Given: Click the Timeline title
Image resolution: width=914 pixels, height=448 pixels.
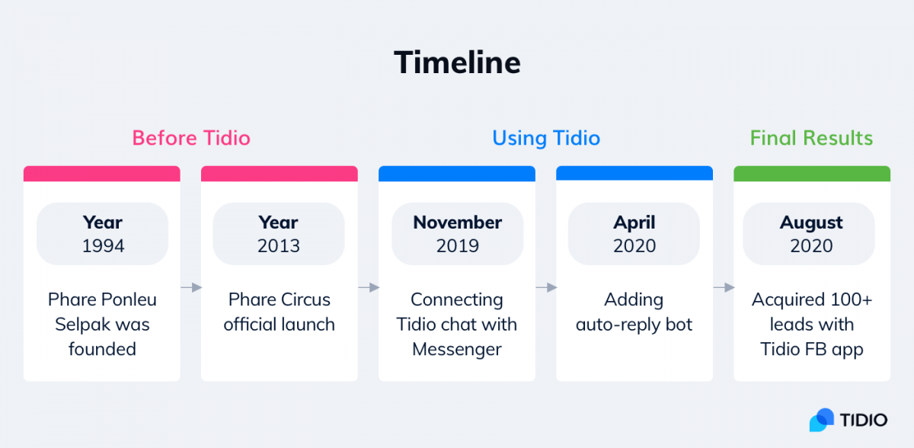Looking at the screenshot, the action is click(457, 62).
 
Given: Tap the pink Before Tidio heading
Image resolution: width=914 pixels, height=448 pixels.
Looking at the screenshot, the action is click(191, 138).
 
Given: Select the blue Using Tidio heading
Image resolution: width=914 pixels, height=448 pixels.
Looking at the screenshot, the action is click(546, 138).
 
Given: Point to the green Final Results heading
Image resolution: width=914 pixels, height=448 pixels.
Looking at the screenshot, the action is click(811, 138).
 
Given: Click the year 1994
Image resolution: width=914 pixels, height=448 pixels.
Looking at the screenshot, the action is click(103, 245).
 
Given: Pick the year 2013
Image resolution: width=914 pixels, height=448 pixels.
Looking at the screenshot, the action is click(279, 245).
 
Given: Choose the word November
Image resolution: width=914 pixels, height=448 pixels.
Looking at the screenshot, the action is click(458, 222).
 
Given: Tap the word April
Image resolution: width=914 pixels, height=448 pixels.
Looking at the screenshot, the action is click(634, 223).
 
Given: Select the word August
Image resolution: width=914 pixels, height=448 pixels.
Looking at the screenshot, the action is click(811, 223).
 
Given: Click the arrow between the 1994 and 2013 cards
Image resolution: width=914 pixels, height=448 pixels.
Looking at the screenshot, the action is click(191, 287).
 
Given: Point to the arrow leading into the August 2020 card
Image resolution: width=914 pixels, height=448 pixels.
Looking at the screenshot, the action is click(724, 287).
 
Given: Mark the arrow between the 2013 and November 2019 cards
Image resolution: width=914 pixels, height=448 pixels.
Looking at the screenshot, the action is click(369, 287).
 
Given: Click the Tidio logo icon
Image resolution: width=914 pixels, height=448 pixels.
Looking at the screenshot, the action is click(821, 420).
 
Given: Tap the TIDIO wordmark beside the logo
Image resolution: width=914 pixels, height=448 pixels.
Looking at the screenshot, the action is click(864, 420).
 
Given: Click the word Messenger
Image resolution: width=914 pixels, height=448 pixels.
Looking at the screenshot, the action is click(456, 349).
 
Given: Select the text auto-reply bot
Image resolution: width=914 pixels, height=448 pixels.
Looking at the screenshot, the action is click(634, 325).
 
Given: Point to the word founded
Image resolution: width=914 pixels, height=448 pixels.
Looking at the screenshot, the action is click(102, 349).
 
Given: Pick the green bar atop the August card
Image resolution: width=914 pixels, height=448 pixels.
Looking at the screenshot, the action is click(812, 174).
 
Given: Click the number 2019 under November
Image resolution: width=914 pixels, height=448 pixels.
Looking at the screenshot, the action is click(458, 245).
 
